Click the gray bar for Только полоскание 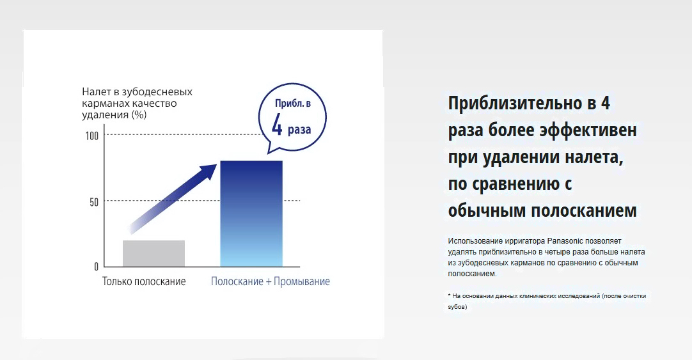153,254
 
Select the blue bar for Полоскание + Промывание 251,214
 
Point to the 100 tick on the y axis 92,136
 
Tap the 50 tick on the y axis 94,203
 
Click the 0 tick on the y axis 96,267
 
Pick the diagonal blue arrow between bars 173,198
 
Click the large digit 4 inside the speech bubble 277,125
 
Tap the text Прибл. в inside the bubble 293,103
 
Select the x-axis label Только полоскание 144,281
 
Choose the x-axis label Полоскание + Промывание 270,281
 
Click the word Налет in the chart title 95,92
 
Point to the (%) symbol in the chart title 139,115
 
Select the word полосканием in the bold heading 583,210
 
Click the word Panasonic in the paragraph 565,241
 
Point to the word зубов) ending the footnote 457,307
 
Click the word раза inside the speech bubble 299,130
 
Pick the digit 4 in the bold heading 605,103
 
